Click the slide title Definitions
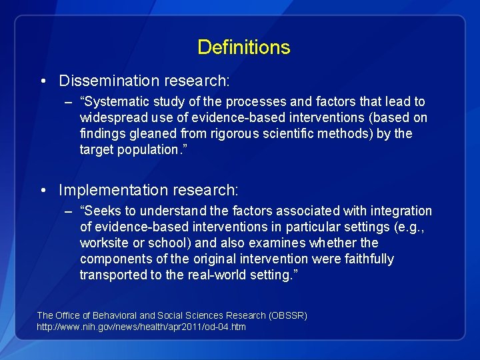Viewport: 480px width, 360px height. point(243,47)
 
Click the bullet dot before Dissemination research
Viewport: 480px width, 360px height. point(43,81)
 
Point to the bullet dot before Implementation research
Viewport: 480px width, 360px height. point(43,191)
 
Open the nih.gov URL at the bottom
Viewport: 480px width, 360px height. point(141,327)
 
